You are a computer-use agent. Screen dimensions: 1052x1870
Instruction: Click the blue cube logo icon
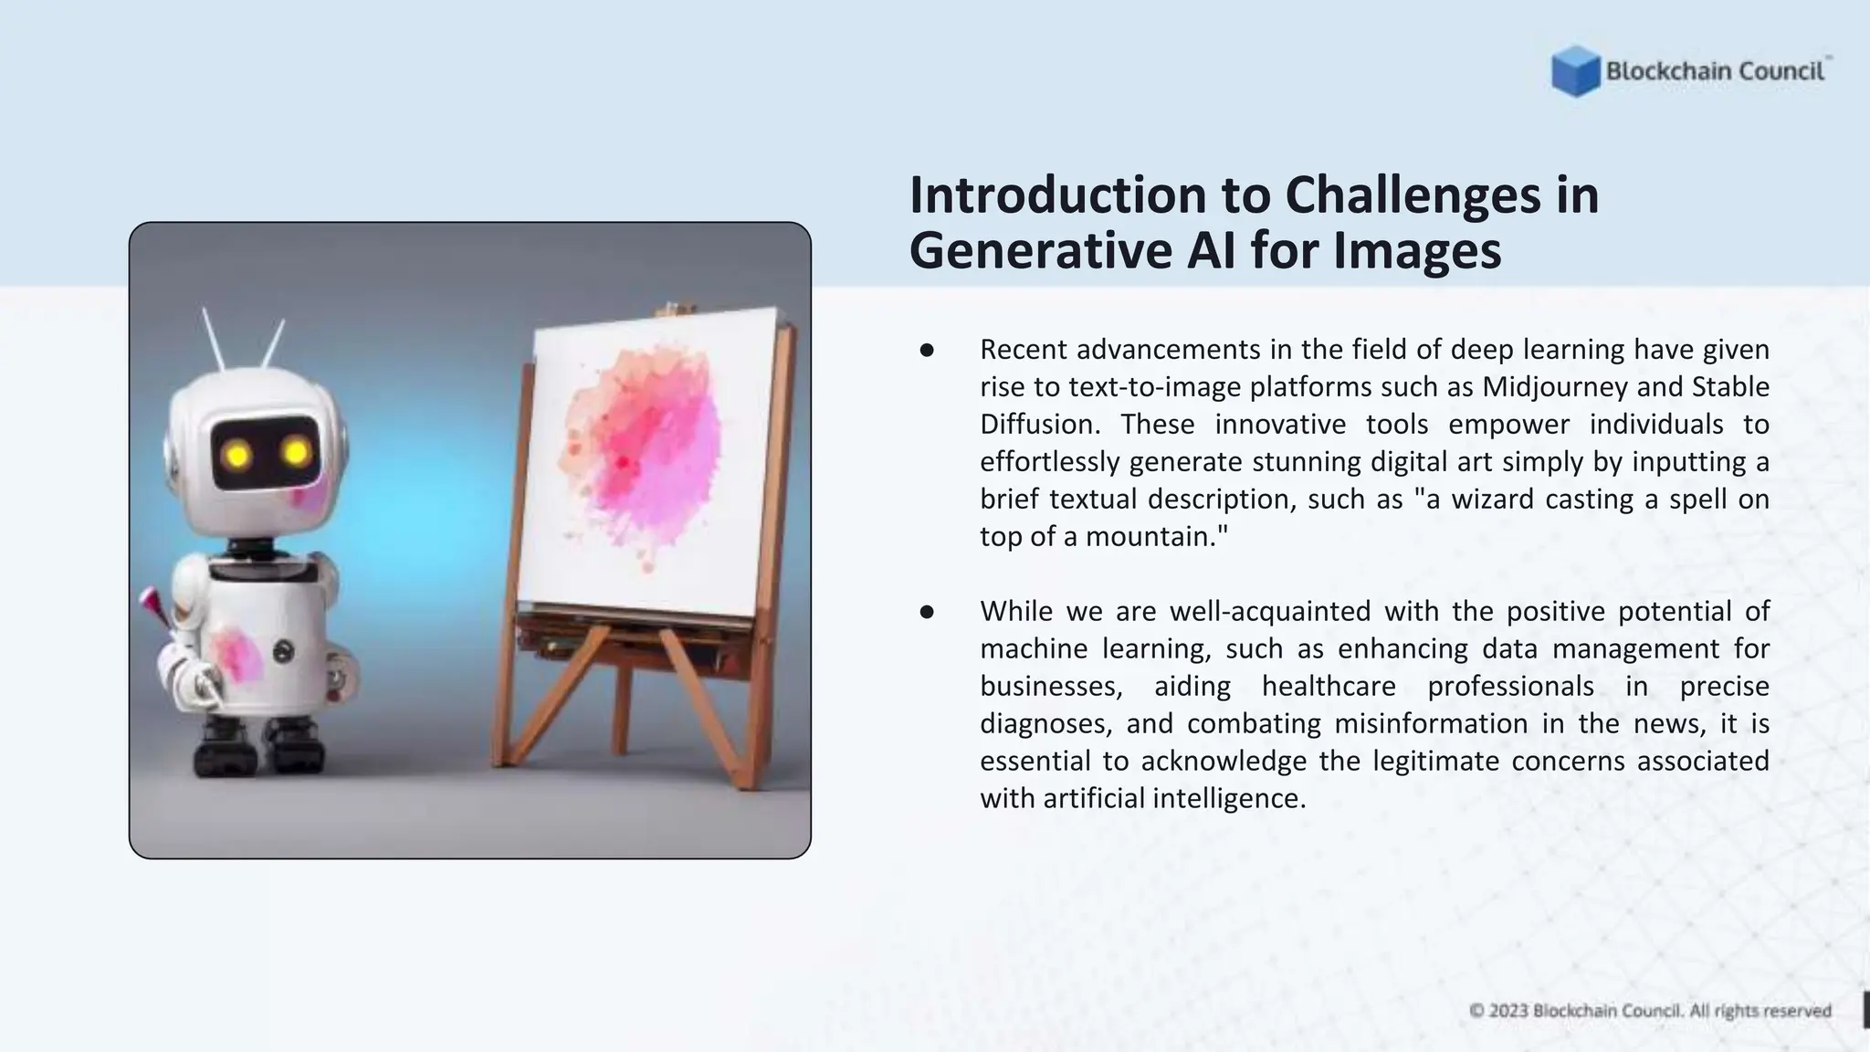click(1575, 71)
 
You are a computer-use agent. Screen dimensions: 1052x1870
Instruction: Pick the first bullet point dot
click(927, 351)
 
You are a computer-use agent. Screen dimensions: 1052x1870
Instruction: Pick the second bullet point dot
click(927, 612)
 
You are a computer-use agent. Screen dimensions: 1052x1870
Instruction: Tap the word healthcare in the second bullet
click(1329, 687)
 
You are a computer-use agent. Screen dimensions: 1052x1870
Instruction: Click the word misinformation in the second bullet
click(1430, 724)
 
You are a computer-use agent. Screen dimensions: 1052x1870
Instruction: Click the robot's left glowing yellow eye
click(237, 454)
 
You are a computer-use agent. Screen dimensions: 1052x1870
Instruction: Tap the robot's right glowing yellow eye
click(296, 451)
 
